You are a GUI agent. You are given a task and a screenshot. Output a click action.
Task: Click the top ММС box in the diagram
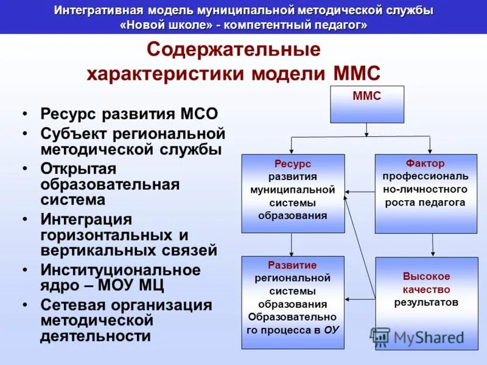pyautogui.click(x=366, y=103)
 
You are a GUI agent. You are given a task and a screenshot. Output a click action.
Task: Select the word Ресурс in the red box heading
pyautogui.click(x=292, y=164)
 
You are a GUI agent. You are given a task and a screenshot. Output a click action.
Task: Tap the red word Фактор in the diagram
pyautogui.click(x=425, y=164)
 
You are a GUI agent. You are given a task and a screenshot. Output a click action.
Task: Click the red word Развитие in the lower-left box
pyautogui.click(x=292, y=265)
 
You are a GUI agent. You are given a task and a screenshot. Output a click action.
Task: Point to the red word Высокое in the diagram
pyautogui.click(x=426, y=276)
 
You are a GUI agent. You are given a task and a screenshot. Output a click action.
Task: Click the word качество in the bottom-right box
pyautogui.click(x=426, y=289)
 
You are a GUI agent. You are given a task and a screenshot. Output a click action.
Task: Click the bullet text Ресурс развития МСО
pyautogui.click(x=128, y=114)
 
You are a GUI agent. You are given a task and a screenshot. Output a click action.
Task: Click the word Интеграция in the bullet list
pyautogui.click(x=86, y=218)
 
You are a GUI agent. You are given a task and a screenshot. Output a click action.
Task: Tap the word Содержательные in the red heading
pyautogui.click(x=234, y=49)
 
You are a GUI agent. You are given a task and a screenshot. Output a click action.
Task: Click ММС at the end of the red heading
pyautogui.click(x=357, y=74)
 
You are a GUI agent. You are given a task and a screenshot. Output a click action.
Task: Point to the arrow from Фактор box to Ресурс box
pyautogui.click(x=359, y=192)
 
